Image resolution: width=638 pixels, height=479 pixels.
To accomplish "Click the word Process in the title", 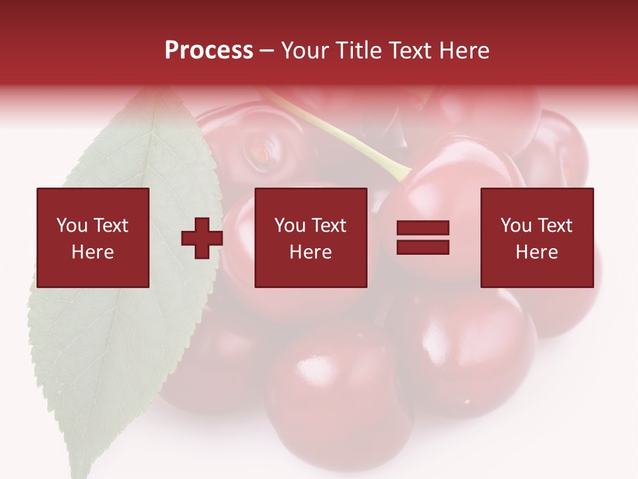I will [209, 51].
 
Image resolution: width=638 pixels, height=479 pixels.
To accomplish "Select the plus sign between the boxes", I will [202, 238].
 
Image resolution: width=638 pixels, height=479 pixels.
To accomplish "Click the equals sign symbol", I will [423, 238].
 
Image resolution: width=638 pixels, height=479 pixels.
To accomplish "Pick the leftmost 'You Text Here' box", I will [93, 238].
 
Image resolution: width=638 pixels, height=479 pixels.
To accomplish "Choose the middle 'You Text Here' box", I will [310, 238].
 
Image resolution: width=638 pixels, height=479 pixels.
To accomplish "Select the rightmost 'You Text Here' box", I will [537, 238].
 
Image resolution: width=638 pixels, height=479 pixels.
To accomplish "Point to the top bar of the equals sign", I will [423, 228].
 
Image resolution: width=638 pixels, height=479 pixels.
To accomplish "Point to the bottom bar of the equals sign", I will [423, 247].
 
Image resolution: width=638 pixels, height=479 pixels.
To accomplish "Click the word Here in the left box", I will [92, 252].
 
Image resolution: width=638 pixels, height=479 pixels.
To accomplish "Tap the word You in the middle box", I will [290, 226].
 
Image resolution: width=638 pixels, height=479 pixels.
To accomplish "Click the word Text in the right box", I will [556, 226].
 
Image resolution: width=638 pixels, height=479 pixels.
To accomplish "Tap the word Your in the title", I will [305, 51].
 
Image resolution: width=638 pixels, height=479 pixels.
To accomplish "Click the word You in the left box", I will [72, 226].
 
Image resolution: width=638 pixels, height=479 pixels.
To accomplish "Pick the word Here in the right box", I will [536, 252].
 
